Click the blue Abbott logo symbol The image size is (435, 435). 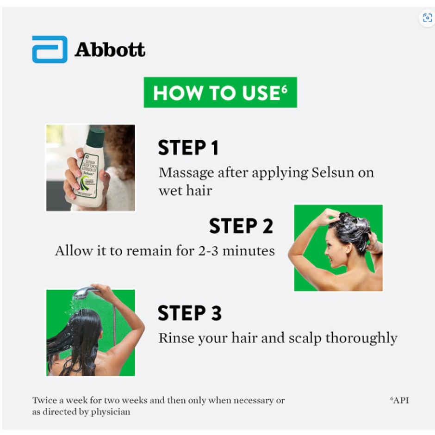(50, 50)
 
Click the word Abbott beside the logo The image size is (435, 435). (110, 50)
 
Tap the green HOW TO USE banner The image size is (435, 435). (220, 93)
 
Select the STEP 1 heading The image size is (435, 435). (188, 148)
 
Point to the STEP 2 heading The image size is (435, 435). (241, 226)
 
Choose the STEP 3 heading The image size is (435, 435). (190, 313)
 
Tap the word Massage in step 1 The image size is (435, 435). (186, 174)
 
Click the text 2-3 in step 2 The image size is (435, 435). (208, 251)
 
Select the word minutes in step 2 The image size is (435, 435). (249, 251)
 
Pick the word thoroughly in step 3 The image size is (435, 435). (361, 338)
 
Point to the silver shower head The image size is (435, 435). (83, 293)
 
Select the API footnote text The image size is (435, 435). (399, 400)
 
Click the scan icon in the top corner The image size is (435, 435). (427, 18)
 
